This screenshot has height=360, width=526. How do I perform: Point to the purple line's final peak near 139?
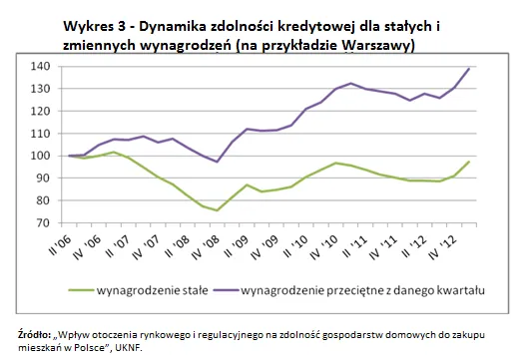[468, 69]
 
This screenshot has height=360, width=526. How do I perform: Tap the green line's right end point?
[468, 162]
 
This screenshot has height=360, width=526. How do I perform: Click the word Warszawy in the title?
[370, 45]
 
